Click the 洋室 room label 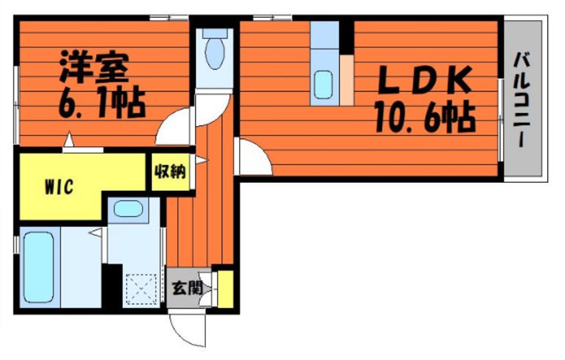point(94,67)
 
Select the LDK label point(425,79)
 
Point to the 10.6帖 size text point(425,116)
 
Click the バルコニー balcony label point(522,100)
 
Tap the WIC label point(59,187)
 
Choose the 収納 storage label point(170,172)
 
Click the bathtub point(39,267)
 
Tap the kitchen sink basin point(323,85)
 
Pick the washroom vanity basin point(128,208)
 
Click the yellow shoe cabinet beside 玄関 point(226,289)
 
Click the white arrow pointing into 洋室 point(69,140)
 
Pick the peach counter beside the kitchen point(347,80)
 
